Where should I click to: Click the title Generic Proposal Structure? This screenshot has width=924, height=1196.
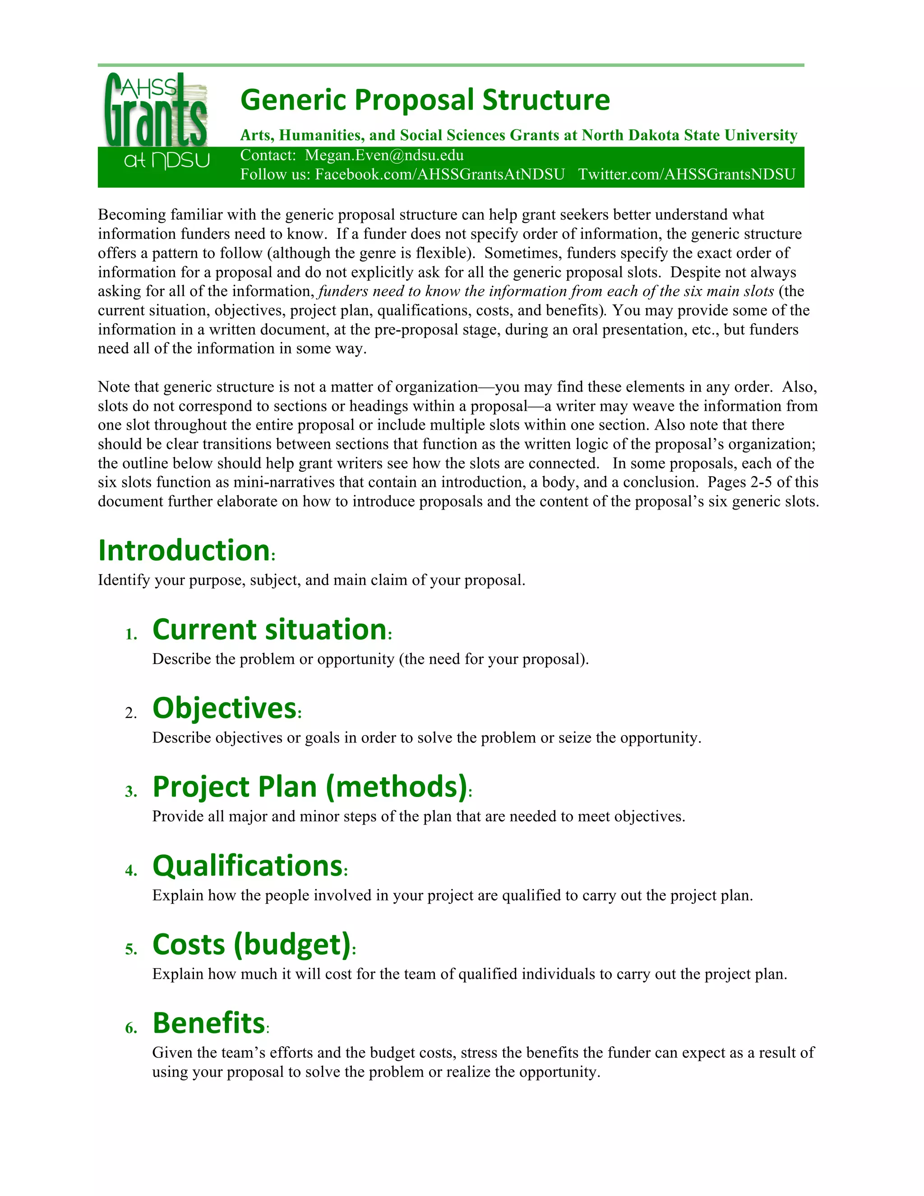[425, 100]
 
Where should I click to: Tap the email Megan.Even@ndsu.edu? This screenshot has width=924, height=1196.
[384, 156]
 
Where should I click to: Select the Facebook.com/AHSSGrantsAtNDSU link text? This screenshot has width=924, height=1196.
[439, 175]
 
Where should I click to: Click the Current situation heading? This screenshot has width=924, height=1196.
[269, 629]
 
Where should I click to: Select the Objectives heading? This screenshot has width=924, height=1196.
[224, 708]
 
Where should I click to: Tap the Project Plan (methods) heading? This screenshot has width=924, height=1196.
[310, 787]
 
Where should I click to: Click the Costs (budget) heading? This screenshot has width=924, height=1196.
[252, 945]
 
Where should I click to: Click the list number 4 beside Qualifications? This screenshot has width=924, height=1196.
[131, 871]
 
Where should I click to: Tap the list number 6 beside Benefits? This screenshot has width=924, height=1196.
[131, 1029]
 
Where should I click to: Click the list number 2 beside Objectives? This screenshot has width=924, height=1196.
[131, 713]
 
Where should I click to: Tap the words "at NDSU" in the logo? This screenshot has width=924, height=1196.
[166, 161]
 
